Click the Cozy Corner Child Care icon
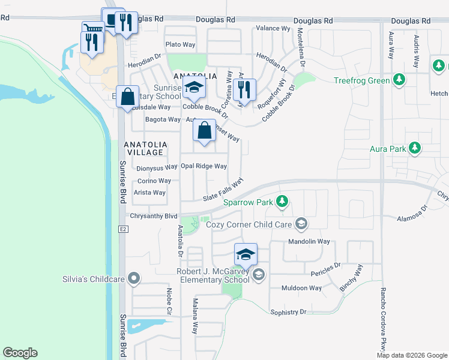[301, 224]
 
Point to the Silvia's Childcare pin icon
[134, 278]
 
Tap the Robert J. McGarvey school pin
[246, 255]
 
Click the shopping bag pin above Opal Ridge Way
[205, 130]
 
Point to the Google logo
[20, 353]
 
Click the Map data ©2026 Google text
[411, 355]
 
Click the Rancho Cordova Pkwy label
[381, 321]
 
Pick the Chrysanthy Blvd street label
[154, 216]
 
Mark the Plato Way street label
[181, 45]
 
